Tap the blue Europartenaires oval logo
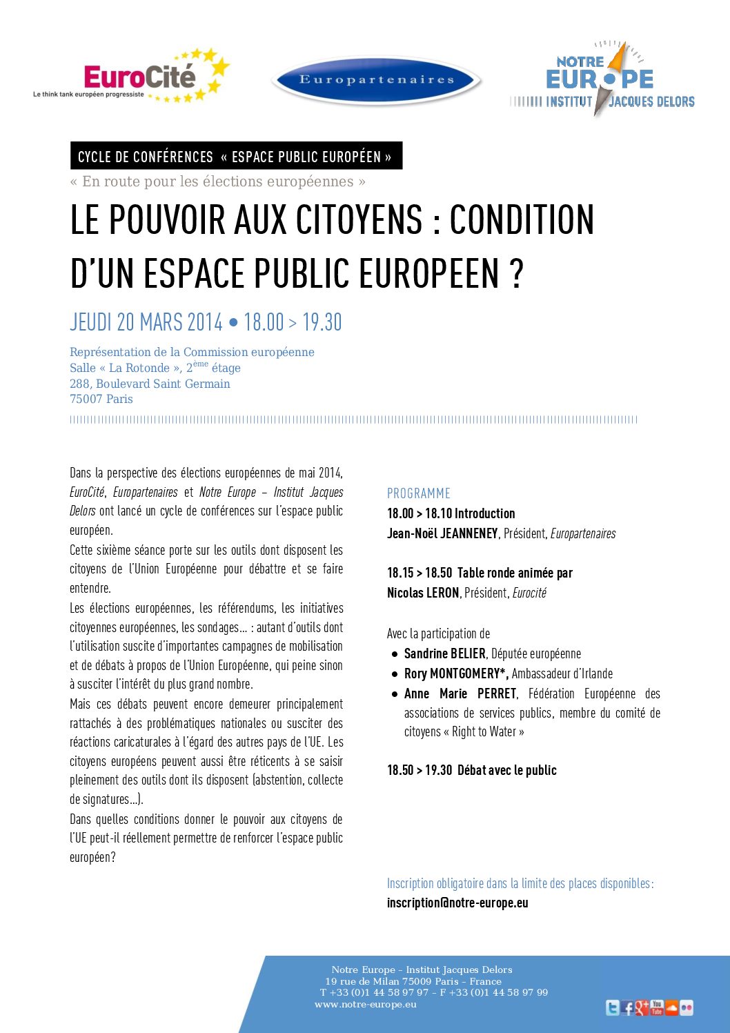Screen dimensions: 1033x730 (377, 80)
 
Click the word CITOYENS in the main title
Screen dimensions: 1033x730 (358, 220)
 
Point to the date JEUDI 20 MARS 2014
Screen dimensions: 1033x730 (146, 322)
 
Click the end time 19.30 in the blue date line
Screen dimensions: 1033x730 (322, 322)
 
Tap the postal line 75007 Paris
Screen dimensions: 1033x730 (101, 399)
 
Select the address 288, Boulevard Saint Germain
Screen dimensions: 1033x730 (150, 384)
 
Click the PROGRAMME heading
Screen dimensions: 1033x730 (418, 493)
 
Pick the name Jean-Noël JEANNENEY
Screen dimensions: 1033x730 (442, 533)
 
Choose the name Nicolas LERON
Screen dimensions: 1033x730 (423, 593)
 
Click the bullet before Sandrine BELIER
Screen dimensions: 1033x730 (395, 654)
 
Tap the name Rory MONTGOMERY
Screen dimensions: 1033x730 (453, 673)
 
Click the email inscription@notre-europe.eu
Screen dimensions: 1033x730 (457, 903)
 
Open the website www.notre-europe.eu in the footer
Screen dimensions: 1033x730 (365, 1004)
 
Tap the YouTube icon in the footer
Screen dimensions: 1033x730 (657, 1008)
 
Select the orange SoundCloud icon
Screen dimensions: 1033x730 (671, 1008)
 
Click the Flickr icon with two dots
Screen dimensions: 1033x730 (687, 1008)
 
